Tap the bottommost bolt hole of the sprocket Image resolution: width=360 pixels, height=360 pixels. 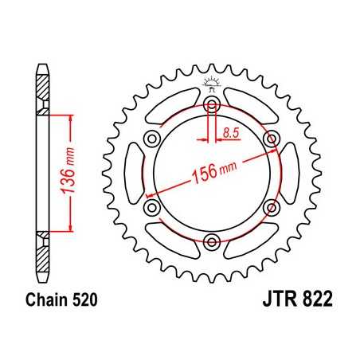tap(212, 242)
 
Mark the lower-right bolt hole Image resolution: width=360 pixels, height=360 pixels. tap(272, 208)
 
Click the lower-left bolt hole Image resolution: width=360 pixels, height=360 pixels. tap(152, 208)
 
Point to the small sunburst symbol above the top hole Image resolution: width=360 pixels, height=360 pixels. tap(212, 82)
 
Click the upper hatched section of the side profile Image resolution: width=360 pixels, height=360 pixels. tap(41, 88)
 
